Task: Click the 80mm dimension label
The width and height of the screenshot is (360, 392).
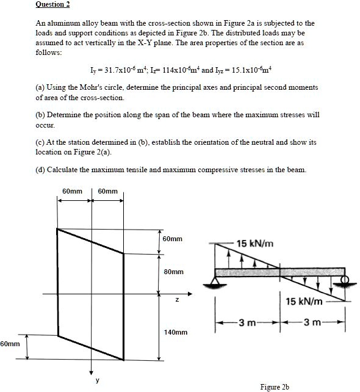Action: pyautogui.click(x=174, y=270)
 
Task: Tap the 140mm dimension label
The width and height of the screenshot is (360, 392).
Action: pyautogui.click(x=176, y=333)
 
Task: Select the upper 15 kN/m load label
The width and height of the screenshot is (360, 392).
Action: pyautogui.click(x=254, y=244)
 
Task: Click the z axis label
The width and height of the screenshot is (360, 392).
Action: pyautogui.click(x=177, y=299)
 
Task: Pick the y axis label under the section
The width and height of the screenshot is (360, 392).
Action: pyautogui.click(x=97, y=379)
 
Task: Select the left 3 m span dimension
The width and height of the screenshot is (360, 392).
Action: pyautogui.click(x=247, y=322)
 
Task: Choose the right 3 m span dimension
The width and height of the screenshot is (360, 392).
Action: pyautogui.click(x=312, y=322)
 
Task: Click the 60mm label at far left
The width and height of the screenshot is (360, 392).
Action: pyautogui.click(x=10, y=345)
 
